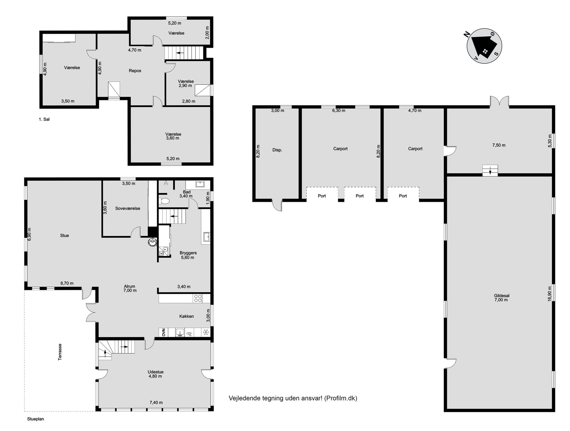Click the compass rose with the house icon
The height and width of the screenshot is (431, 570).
click(x=484, y=46)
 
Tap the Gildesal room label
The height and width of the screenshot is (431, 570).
click(x=502, y=295)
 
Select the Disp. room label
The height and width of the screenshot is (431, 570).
click(x=277, y=150)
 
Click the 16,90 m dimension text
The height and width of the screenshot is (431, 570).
click(x=550, y=294)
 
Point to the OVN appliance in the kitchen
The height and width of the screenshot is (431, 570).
click(x=163, y=332)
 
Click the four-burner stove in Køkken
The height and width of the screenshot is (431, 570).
click(x=198, y=298)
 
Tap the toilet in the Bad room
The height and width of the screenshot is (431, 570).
click(x=164, y=201)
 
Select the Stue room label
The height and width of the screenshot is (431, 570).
click(x=64, y=235)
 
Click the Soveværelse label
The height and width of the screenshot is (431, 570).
click(x=128, y=208)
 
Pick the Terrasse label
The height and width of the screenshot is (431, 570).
click(x=60, y=352)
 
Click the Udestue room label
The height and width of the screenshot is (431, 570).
click(x=155, y=372)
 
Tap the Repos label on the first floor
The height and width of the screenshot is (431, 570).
click(x=135, y=71)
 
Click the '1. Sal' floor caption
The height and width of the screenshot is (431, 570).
click(x=44, y=119)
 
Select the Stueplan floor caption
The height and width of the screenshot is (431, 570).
click(x=36, y=419)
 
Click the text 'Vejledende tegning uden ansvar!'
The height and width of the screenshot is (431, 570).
click(x=276, y=398)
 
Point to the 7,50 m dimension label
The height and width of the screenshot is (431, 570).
click(x=499, y=145)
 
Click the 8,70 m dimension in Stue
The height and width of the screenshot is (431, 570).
click(x=67, y=283)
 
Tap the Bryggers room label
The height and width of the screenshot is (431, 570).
click(x=188, y=253)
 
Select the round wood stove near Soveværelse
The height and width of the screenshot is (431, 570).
click(x=152, y=242)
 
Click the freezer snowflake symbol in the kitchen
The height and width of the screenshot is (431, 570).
click(x=206, y=333)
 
